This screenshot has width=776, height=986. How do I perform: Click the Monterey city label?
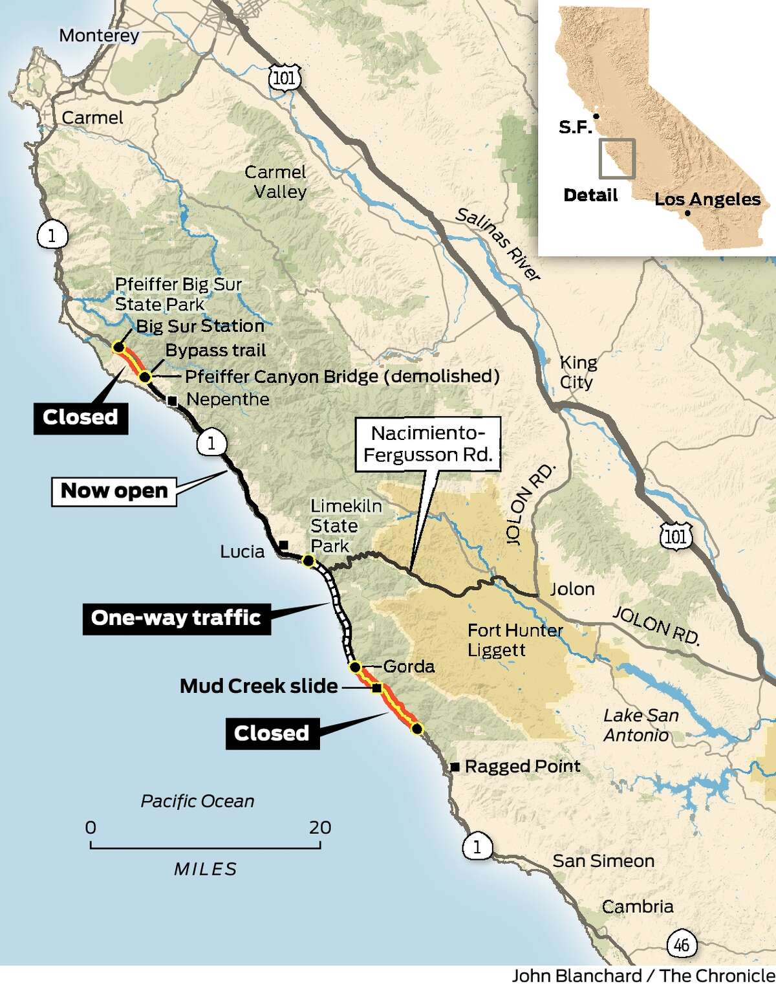click(x=99, y=35)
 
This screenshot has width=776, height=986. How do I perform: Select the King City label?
click(x=577, y=372)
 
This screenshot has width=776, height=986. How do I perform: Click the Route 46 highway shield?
click(x=681, y=945)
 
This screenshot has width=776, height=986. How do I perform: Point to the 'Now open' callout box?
click(x=114, y=491)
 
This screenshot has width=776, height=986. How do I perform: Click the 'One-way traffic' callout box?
click(x=176, y=618)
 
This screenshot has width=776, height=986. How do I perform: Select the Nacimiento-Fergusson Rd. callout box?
click(x=427, y=444)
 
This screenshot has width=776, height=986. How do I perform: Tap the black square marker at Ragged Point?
click(x=455, y=767)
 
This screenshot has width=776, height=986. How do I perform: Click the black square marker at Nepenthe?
click(x=172, y=401)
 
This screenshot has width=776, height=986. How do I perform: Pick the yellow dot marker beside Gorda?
click(x=354, y=667)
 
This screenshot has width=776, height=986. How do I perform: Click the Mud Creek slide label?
click(x=259, y=686)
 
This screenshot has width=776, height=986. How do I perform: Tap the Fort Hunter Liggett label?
click(x=515, y=640)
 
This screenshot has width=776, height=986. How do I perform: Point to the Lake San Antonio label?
click(x=640, y=725)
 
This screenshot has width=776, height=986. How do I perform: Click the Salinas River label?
click(x=497, y=245)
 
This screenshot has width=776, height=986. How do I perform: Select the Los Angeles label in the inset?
click(x=707, y=199)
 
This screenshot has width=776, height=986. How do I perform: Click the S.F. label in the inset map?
click(x=575, y=127)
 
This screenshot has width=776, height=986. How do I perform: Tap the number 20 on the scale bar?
click(x=319, y=827)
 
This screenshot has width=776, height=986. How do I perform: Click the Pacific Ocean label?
click(x=197, y=801)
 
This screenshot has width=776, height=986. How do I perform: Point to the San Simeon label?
click(x=603, y=861)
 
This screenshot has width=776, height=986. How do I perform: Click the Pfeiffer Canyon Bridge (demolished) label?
click(x=342, y=377)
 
